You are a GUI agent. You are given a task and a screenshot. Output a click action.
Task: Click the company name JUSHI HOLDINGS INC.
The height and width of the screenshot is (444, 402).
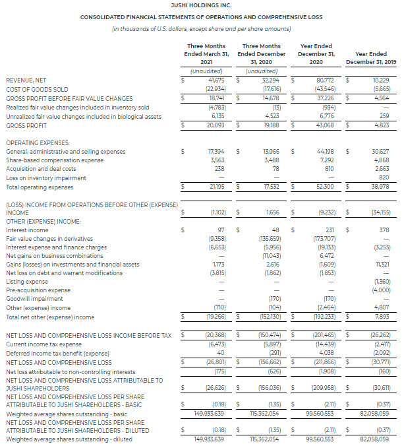pyautogui.click(x=200, y=5)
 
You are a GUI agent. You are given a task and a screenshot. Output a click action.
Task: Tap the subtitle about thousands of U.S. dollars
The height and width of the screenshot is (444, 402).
pyautogui.click(x=200, y=28)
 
